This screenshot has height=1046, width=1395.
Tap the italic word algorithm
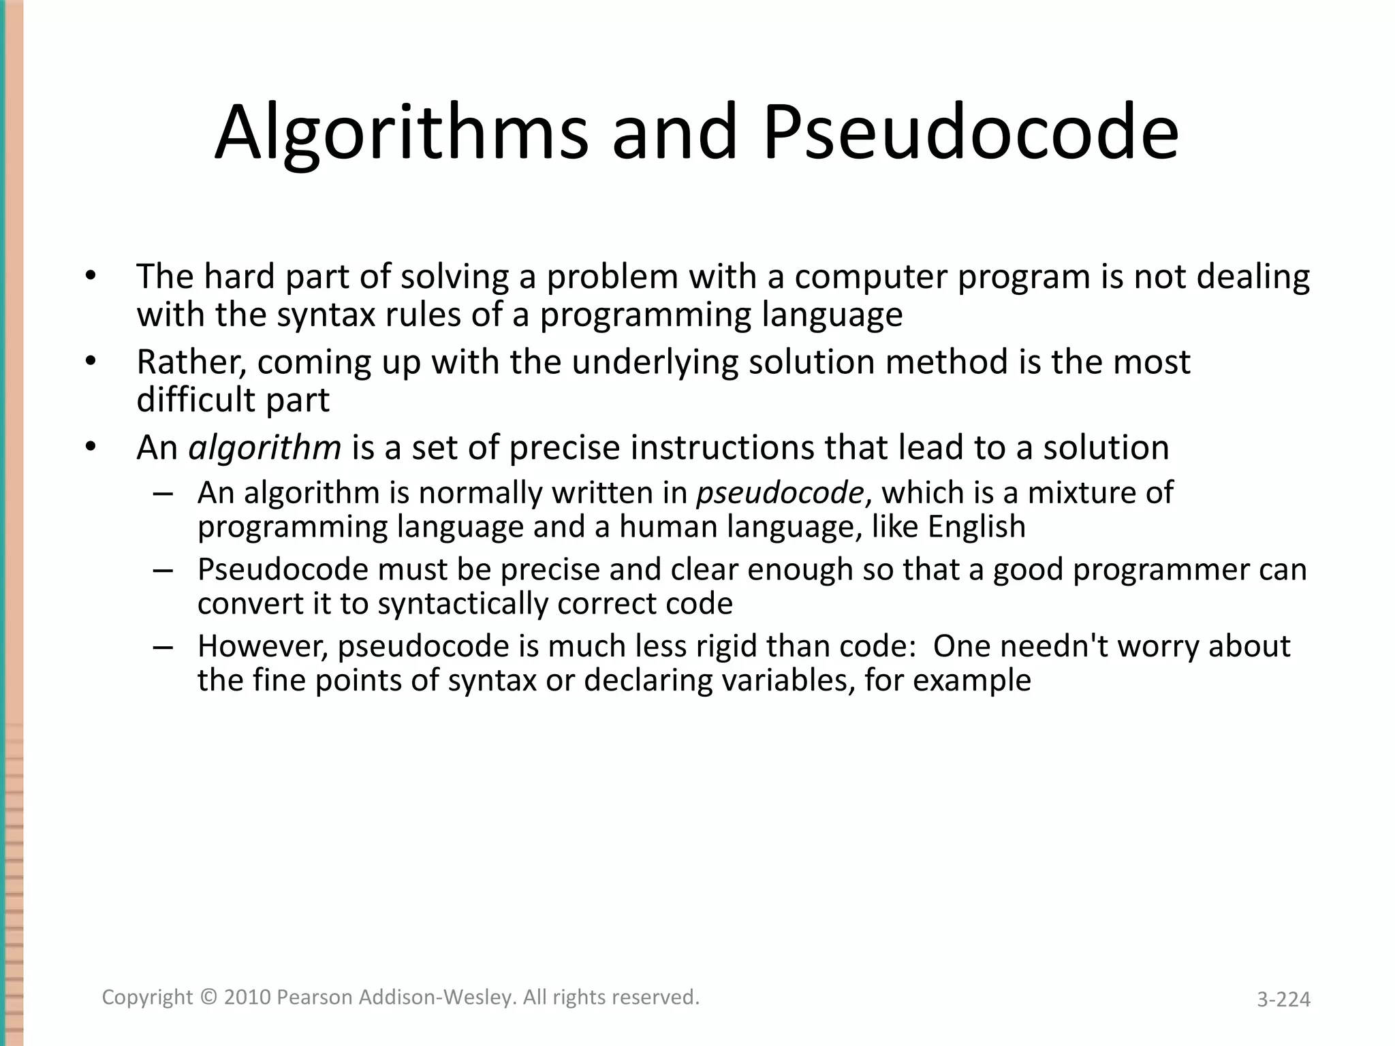264,448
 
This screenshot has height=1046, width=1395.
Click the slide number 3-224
1283,999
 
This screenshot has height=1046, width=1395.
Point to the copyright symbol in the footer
208,998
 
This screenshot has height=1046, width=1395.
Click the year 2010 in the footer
248,998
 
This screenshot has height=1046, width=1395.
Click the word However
263,646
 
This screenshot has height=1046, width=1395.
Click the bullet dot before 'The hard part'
91,277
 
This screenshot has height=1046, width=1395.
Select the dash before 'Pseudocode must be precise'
163,570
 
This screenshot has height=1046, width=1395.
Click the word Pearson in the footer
315,998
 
